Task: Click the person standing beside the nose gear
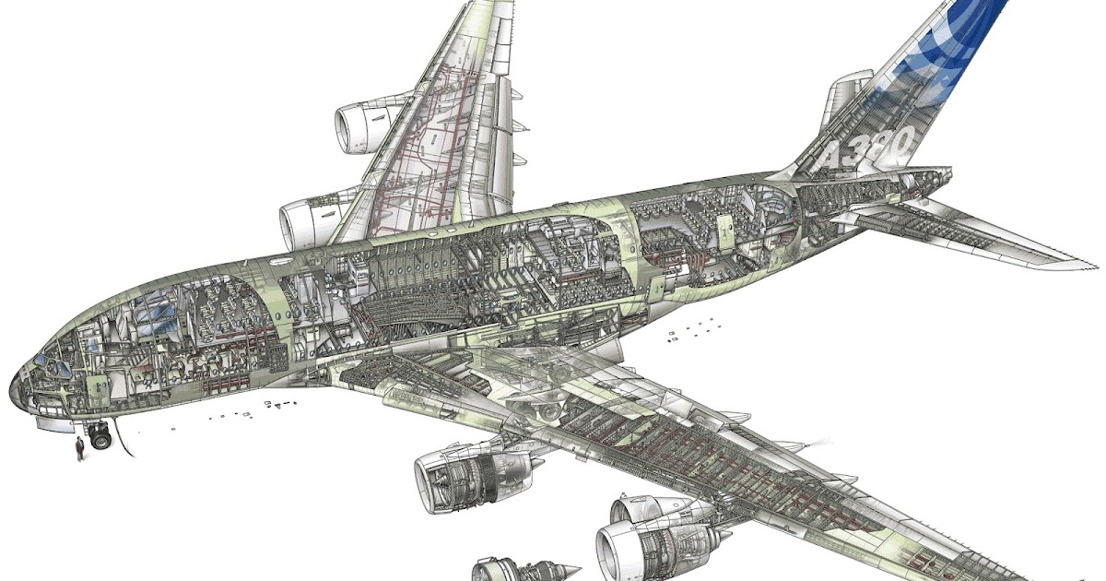[80, 448]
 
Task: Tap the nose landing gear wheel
[101, 441]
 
